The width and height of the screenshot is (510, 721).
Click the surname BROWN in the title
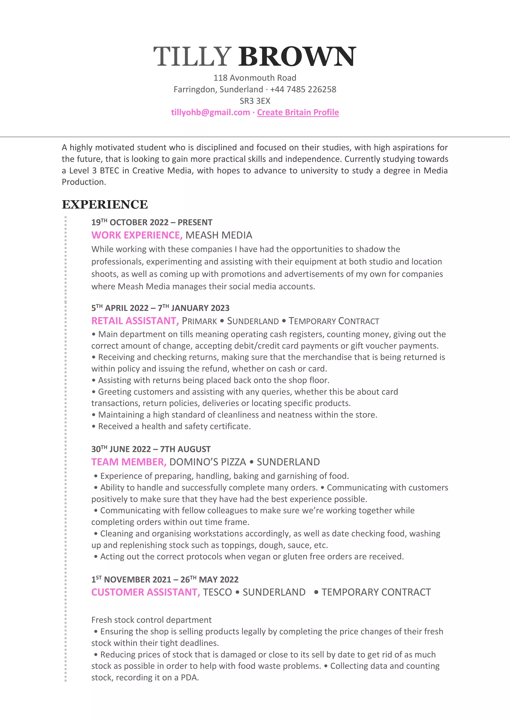click(297, 57)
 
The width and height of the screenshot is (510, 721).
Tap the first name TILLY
click(192, 57)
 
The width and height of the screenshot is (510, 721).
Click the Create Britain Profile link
click(298, 113)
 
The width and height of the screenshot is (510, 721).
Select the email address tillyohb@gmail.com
click(210, 113)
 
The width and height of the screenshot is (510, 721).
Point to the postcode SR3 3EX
click(255, 101)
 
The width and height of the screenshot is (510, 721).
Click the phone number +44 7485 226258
click(303, 89)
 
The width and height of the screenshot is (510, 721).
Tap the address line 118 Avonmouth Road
click(255, 78)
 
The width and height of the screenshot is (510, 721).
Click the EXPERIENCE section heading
click(105, 204)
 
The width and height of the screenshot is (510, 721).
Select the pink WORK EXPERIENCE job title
click(137, 235)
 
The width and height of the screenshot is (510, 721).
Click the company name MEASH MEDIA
click(219, 235)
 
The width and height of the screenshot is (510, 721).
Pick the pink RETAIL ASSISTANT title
click(135, 321)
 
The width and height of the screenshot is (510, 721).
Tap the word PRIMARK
click(199, 321)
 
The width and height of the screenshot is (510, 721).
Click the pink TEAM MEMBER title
click(129, 462)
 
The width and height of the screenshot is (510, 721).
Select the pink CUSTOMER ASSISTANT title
click(145, 592)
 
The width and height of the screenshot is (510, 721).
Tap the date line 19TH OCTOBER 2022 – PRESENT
click(152, 222)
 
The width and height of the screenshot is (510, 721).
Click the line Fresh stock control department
click(151, 620)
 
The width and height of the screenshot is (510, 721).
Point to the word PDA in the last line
click(189, 678)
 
